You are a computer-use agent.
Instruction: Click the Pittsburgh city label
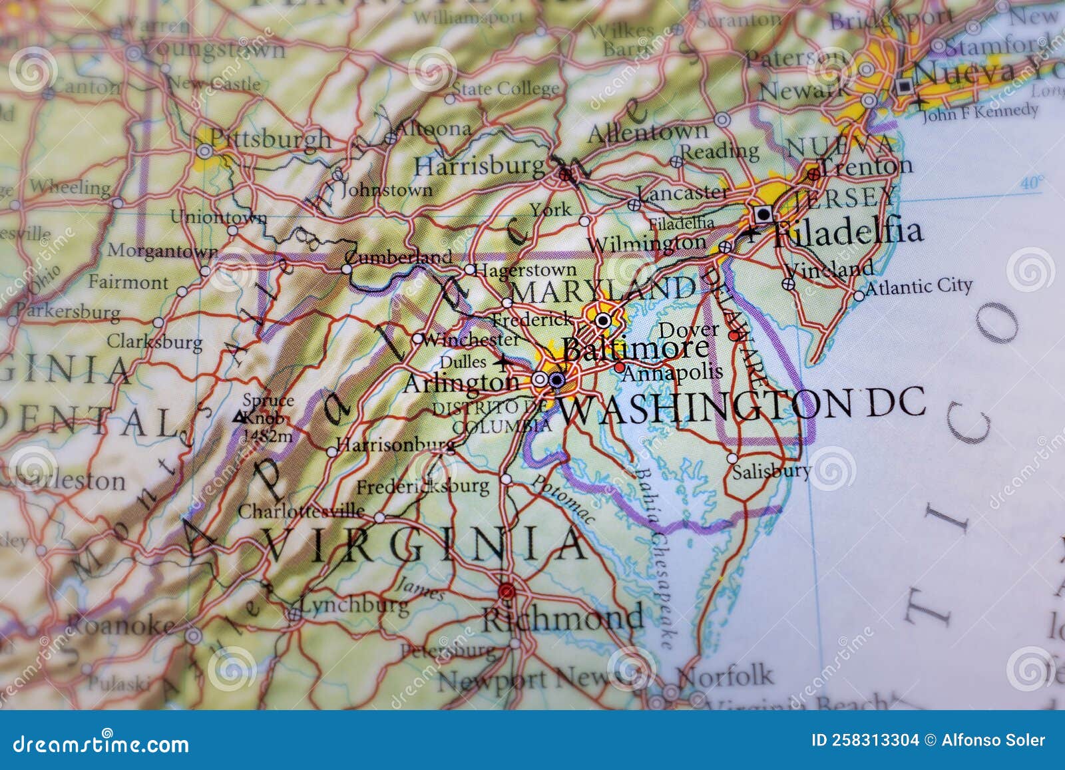point(270,138)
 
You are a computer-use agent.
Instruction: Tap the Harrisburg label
point(479,165)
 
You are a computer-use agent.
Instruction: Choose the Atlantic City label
point(919,287)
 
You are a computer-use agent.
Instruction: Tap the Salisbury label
point(771,471)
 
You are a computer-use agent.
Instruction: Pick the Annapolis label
point(672,373)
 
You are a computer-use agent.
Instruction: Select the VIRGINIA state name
point(426,544)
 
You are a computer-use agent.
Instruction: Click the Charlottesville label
point(301,511)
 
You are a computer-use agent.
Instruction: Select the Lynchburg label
point(355,605)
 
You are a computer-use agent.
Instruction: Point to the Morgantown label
point(162,251)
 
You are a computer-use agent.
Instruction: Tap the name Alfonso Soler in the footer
point(993,741)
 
